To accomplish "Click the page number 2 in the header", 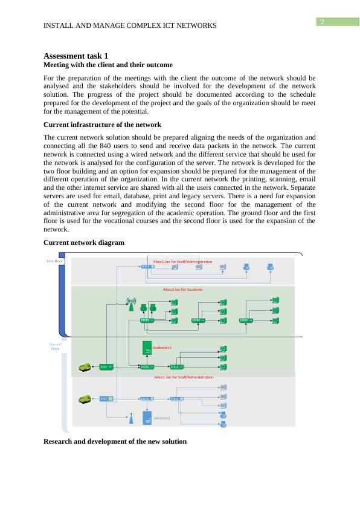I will (x=323, y=22).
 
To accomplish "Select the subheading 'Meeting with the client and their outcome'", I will (x=108, y=64).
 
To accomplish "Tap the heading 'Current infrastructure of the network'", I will (x=103, y=125).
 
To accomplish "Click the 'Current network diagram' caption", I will (x=84, y=242).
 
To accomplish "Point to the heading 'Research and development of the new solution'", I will (x=115, y=441).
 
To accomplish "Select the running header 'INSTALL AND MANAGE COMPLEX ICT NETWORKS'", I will (x=130, y=25).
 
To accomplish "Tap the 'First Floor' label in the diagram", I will (x=55, y=261).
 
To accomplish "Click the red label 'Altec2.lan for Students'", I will (x=183, y=290).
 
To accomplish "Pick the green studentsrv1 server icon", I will (x=146, y=348).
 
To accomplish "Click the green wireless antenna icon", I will (x=129, y=303).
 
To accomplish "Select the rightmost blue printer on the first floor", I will (x=271, y=267).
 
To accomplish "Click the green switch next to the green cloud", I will (x=106, y=366).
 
